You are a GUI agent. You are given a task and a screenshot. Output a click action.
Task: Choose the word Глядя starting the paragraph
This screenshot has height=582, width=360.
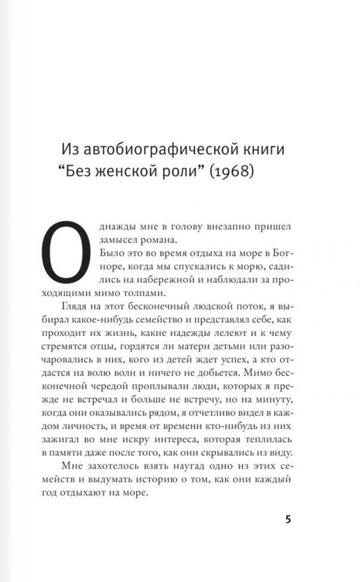85,306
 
